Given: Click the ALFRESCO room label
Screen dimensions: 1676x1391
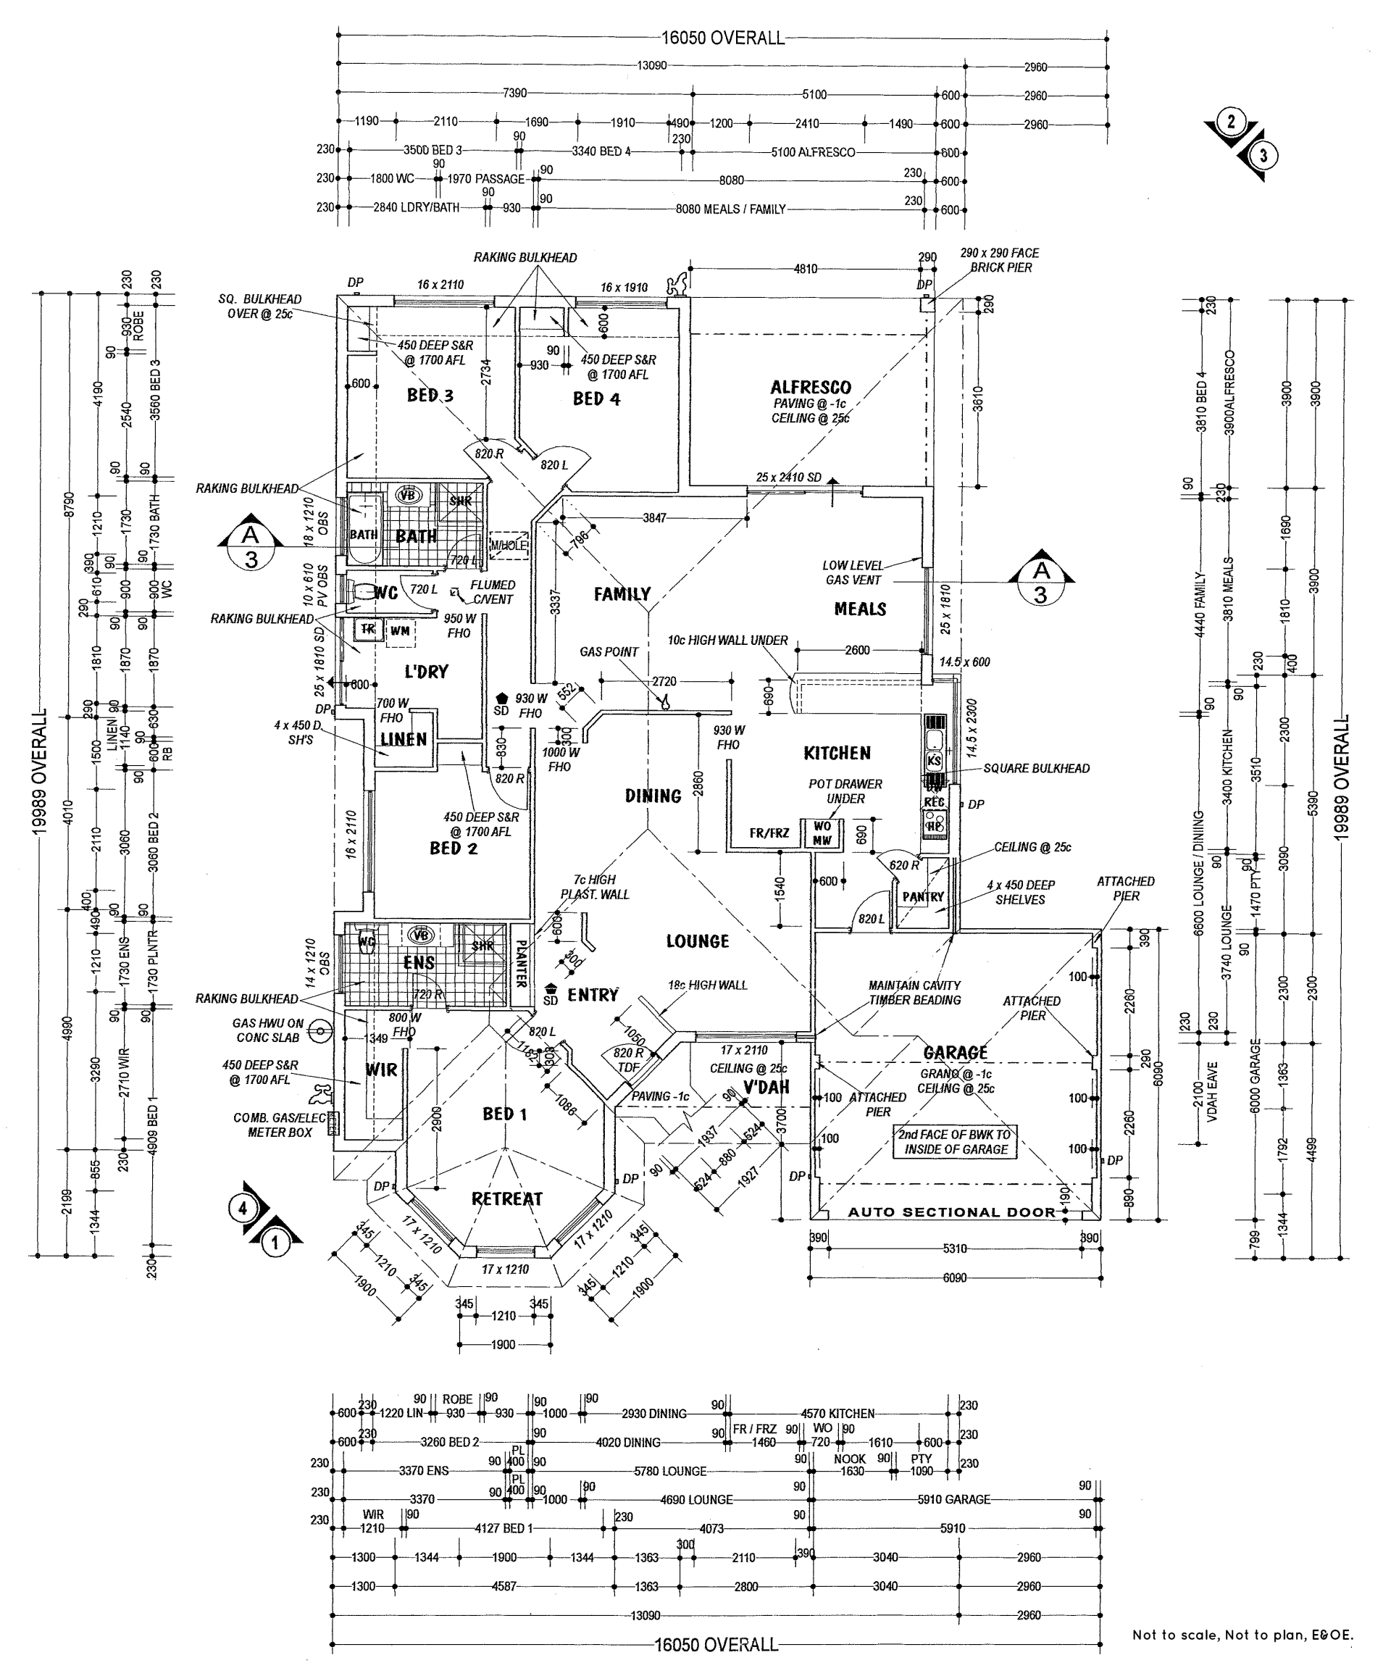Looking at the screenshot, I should [810, 388].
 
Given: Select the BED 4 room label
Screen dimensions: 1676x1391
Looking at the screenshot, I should [596, 399].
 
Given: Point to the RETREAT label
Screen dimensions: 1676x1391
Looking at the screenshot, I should [506, 1199].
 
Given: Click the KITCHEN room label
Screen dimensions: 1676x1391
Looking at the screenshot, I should [836, 754].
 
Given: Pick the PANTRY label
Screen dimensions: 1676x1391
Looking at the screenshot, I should [922, 897].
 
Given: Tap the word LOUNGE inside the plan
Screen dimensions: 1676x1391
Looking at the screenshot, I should [698, 942].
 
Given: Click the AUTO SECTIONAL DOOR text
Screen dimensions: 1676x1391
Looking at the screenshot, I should [951, 1212].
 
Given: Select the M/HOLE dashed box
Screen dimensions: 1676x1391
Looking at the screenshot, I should [509, 545].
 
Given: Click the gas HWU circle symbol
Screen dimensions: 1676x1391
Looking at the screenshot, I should [319, 1031].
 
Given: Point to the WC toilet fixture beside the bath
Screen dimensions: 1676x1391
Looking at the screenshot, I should [361, 592].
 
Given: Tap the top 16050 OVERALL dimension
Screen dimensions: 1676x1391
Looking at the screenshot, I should [722, 38].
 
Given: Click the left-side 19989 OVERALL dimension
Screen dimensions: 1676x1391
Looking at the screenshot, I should [40, 772].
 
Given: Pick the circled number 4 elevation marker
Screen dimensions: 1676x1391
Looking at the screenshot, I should [243, 1209].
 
